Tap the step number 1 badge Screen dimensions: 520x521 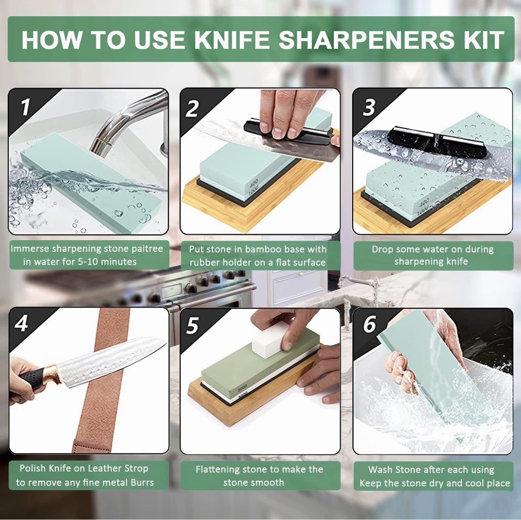(x=25, y=107)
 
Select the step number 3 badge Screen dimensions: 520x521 (x=368, y=107)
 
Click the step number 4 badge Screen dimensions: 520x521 (x=22, y=324)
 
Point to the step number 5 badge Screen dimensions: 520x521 (x=192, y=326)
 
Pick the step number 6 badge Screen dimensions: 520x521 (x=369, y=324)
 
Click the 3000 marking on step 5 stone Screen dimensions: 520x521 (x=242, y=386)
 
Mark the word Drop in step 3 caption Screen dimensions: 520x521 (x=382, y=249)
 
